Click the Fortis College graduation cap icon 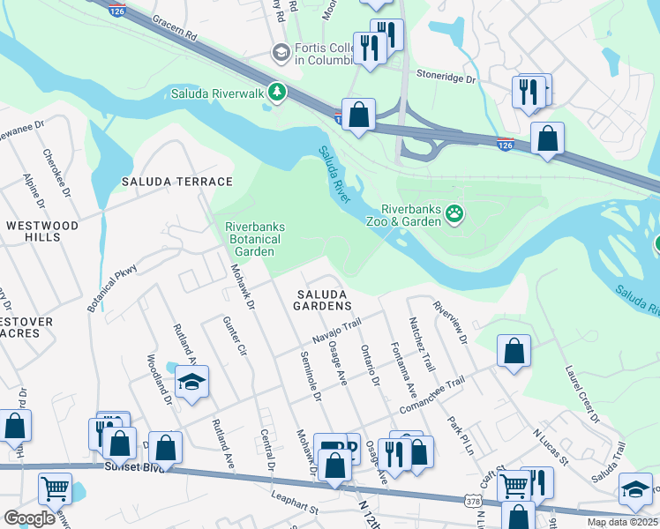(x=281, y=52)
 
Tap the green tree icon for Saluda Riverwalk (x=277, y=93)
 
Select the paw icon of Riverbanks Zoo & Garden (x=454, y=214)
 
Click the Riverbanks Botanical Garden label (x=255, y=239)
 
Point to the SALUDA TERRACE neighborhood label (x=176, y=182)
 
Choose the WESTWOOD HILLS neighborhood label (x=41, y=232)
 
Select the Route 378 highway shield (x=472, y=501)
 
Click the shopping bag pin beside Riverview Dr (x=514, y=351)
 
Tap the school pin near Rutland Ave (x=191, y=382)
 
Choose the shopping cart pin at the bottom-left (x=55, y=488)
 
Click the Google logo (x=29, y=518)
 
